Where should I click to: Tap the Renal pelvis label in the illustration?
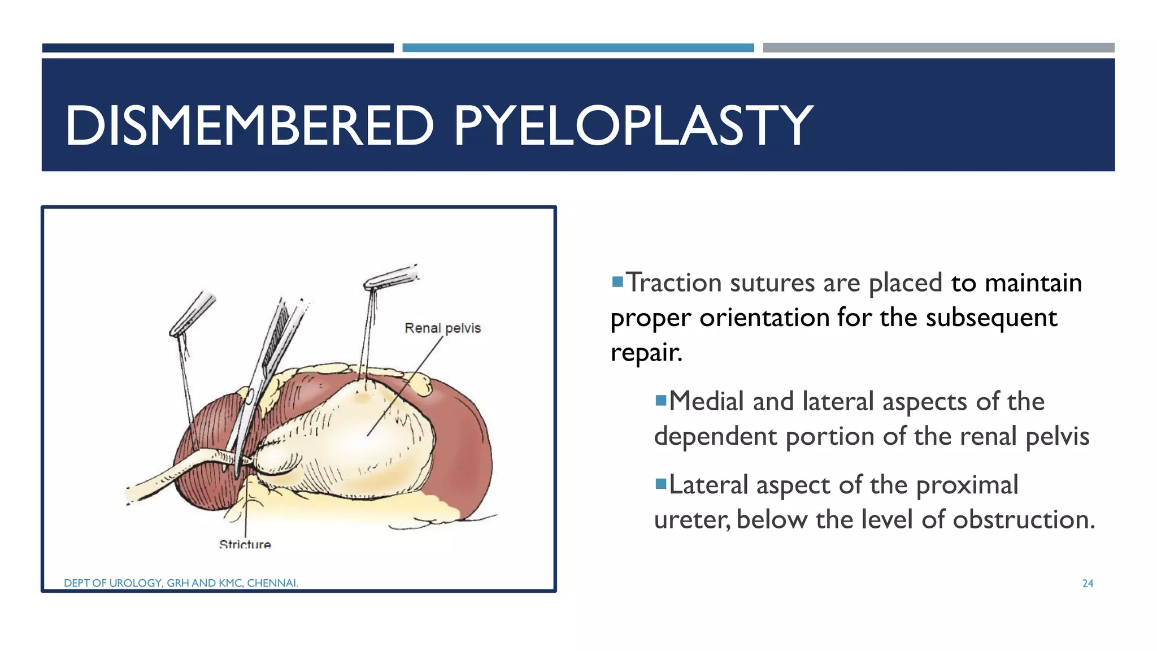point(442,328)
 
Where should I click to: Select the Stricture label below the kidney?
point(245,544)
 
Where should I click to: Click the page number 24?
point(1088,583)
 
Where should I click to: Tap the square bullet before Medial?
point(660,401)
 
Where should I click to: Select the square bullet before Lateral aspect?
point(660,484)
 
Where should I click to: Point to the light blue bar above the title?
point(578,48)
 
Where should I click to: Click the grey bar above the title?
point(938,48)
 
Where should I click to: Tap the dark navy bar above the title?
point(218,48)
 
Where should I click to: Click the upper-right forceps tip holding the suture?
point(390,277)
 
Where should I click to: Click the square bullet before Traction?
point(617,281)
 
